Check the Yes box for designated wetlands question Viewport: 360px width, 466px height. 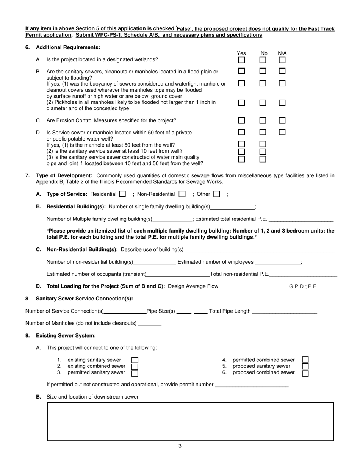pos(241,60)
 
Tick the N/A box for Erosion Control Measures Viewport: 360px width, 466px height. pos(282,120)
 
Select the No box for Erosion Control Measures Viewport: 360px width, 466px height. pos(263,120)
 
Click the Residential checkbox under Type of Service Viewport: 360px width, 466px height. pos(122,194)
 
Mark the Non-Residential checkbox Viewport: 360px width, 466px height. pos(182,194)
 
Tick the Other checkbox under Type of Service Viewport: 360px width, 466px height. pos(217,194)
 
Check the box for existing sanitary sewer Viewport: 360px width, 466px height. pos(135,360)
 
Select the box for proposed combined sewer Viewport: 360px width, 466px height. pos(305,373)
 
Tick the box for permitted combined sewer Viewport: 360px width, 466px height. pos(305,359)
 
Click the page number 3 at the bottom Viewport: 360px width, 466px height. pos(180,446)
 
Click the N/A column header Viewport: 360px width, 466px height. pos(282,53)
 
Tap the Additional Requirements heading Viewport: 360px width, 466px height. pos(68,47)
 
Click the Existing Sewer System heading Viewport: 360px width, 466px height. pos(66,336)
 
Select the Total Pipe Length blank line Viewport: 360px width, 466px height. pos(284,312)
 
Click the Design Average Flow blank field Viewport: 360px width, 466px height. pos(254,287)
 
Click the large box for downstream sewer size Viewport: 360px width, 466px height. pos(190,421)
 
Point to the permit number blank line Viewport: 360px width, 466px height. pos(252,385)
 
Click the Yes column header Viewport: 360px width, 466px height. pos(241,53)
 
